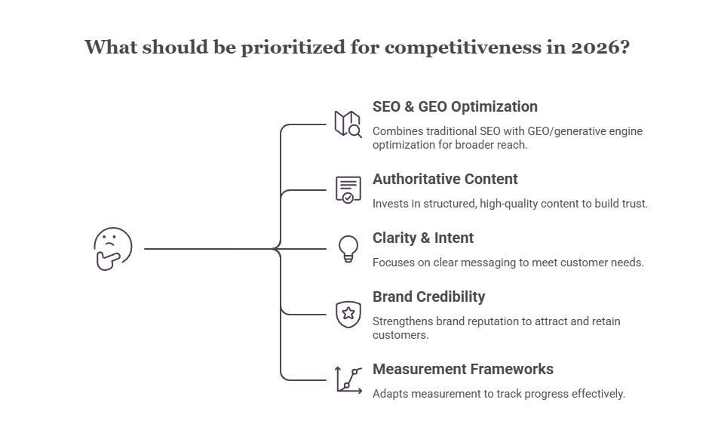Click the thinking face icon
(112, 249)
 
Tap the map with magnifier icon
(348, 124)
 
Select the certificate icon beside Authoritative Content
(348, 189)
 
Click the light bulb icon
(348, 248)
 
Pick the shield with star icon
(348, 314)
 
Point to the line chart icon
(348, 379)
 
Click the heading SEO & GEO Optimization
(455, 106)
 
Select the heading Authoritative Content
(445, 179)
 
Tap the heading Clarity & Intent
(423, 238)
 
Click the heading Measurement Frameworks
(462, 369)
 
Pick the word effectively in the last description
(594, 394)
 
